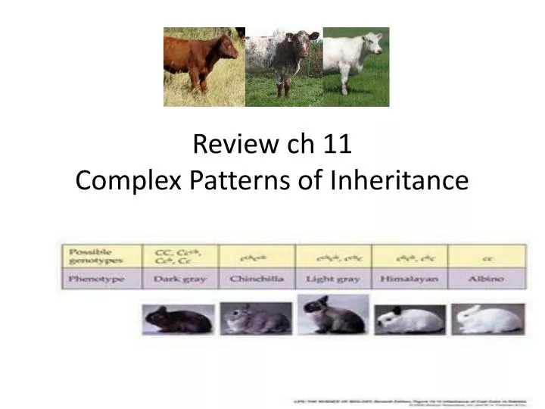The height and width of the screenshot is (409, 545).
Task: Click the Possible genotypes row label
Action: click(91, 256)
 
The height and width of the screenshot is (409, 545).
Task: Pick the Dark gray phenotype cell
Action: click(179, 279)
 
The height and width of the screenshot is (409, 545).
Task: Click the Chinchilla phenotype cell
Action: click(257, 279)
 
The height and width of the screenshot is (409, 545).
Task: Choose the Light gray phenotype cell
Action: click(332, 279)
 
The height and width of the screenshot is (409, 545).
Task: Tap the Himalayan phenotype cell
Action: click(410, 279)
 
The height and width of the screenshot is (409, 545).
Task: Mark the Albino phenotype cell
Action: click(485, 279)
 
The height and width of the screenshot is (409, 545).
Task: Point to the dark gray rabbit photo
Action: click(168, 318)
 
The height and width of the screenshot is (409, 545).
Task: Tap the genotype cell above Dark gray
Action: click(179, 256)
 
